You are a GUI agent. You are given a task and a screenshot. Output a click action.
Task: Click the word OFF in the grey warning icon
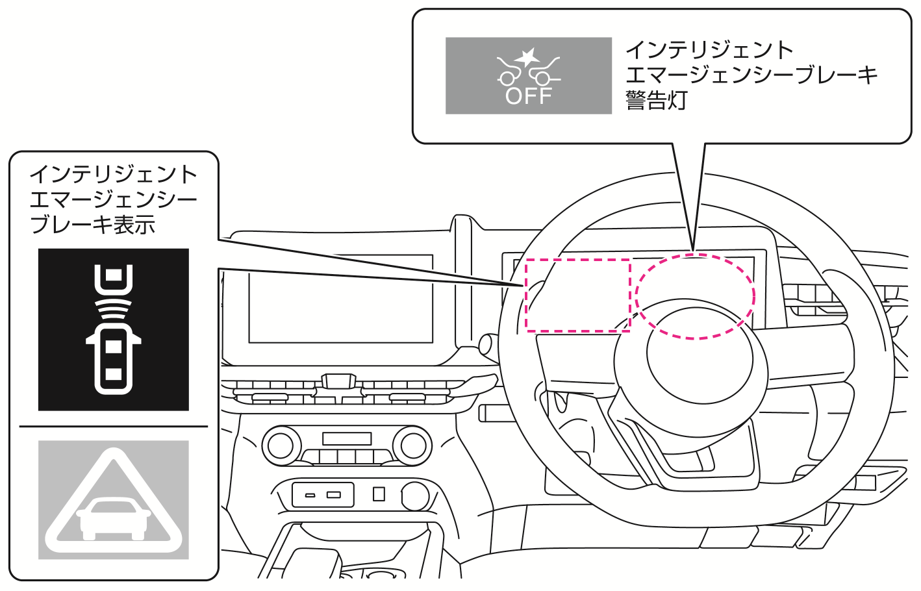(529, 96)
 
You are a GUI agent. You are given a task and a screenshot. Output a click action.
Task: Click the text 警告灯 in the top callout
(656, 101)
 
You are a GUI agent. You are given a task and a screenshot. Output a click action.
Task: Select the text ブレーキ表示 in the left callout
(93, 225)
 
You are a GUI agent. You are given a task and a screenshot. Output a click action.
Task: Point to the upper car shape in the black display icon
(114, 278)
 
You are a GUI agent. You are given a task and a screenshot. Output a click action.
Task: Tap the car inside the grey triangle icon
(114, 517)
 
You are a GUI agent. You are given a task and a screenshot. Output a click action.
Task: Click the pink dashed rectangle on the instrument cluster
(577, 295)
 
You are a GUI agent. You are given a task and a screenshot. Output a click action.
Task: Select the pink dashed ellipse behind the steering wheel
(694, 296)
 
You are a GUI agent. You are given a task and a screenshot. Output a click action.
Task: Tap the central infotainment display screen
(340, 298)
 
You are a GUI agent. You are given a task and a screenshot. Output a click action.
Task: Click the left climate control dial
(281, 446)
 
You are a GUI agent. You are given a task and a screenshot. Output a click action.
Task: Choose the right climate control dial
(412, 446)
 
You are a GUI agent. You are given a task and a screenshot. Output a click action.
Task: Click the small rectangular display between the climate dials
(346, 439)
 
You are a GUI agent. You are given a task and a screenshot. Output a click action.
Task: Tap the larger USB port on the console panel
(333, 495)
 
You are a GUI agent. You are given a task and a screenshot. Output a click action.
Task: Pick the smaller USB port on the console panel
(310, 496)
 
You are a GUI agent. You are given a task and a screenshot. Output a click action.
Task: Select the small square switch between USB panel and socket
(379, 494)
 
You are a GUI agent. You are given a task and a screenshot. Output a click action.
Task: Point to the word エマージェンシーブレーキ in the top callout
(751, 75)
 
